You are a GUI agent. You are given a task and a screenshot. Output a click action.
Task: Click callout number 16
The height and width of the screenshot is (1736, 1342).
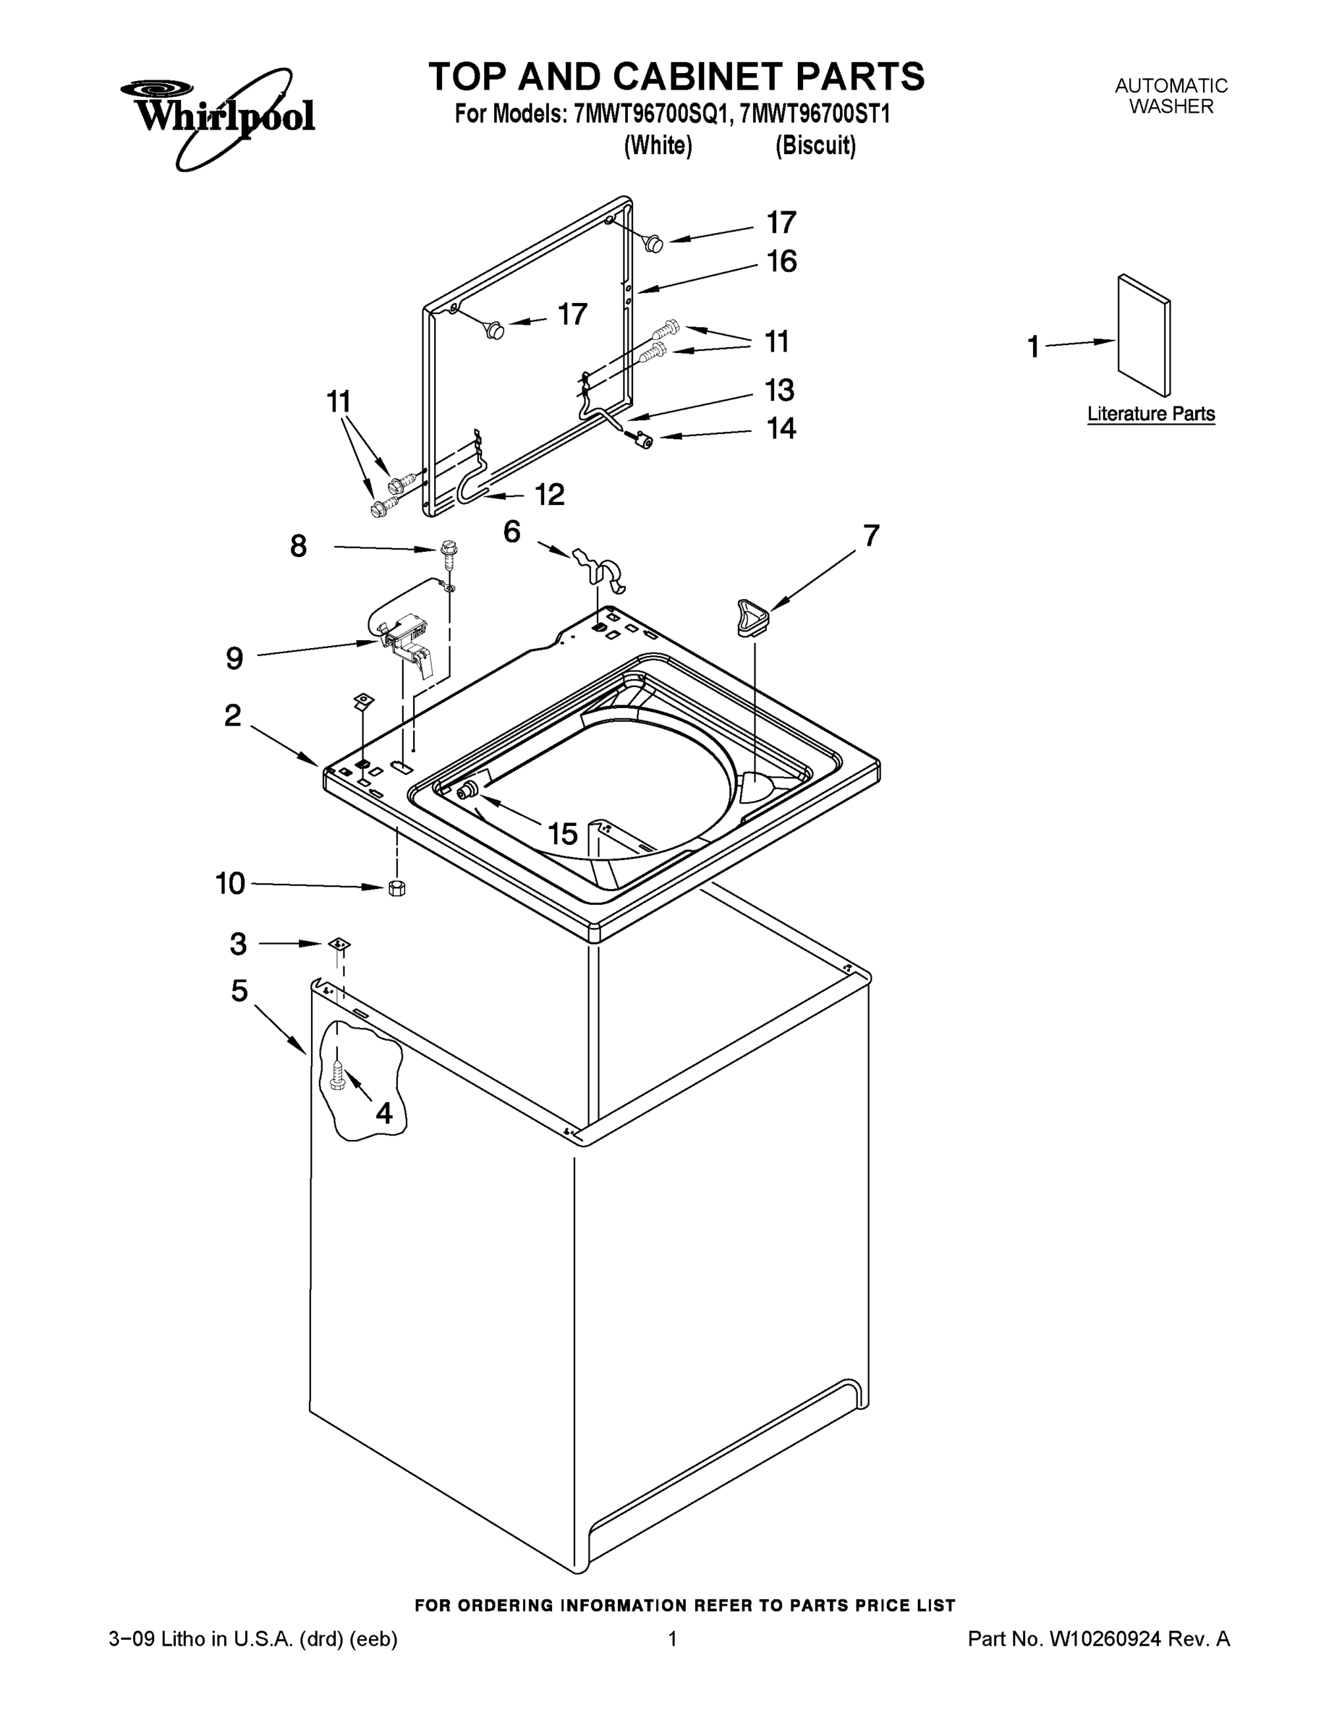(x=781, y=262)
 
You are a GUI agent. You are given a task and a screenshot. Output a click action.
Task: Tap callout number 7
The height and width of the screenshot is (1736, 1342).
(x=871, y=536)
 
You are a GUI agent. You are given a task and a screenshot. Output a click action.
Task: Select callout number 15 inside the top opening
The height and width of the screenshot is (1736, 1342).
(x=562, y=834)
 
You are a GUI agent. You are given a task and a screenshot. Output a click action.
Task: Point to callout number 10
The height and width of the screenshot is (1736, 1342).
(x=231, y=883)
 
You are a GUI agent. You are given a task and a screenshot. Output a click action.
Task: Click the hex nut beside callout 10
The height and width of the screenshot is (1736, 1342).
(x=396, y=888)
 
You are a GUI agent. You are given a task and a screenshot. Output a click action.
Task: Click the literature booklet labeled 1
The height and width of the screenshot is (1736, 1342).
(x=1143, y=336)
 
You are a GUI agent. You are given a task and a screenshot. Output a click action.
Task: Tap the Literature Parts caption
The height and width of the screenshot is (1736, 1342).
(x=1150, y=414)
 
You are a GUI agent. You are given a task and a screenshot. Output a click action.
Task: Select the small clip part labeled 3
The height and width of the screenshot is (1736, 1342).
(x=339, y=943)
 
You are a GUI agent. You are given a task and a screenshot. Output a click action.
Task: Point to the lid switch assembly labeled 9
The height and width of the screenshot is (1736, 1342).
(x=405, y=635)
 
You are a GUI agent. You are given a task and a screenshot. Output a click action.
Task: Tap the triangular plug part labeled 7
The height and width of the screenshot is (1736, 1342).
(x=749, y=618)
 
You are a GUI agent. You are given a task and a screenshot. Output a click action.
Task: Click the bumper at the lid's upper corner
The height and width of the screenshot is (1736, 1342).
(x=654, y=243)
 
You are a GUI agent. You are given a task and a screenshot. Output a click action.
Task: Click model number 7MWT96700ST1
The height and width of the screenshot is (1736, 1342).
(x=814, y=114)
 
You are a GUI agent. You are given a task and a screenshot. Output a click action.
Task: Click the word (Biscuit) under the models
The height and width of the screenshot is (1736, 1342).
(x=816, y=146)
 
